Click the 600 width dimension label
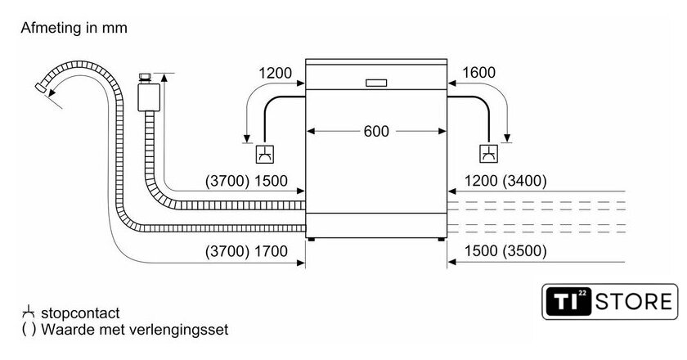tap(376, 131)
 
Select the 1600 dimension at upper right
tap(479, 72)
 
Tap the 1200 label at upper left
tap(275, 73)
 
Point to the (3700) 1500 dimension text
tap(246, 181)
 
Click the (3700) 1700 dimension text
tap(246, 251)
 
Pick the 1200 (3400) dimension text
tap(505, 180)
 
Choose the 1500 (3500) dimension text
tap(505, 250)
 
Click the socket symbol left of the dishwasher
tap(265, 154)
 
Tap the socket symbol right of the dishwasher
tap(488, 154)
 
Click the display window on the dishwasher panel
tap(376, 83)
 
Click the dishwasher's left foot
tap(311, 240)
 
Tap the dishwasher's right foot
tap(441, 240)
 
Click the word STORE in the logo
tap(634, 302)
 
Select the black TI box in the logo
tap(568, 302)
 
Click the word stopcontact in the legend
tap(80, 313)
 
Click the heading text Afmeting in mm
tap(74, 28)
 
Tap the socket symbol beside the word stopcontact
tap(29, 313)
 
